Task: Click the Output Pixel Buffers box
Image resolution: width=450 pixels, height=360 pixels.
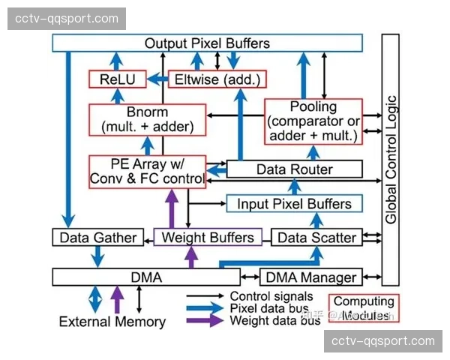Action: click(x=207, y=43)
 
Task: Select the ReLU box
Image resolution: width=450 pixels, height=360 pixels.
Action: click(x=112, y=79)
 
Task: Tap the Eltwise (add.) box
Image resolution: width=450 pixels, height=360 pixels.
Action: click(x=217, y=79)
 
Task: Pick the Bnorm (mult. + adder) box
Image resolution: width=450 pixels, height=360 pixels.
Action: click(x=147, y=119)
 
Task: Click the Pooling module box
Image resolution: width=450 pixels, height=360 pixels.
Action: click(x=313, y=120)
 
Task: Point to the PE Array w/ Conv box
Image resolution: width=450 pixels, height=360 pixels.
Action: click(x=147, y=171)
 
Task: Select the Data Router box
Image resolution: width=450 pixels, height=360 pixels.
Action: click(x=294, y=169)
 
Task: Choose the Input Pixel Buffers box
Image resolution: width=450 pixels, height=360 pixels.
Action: click(x=294, y=203)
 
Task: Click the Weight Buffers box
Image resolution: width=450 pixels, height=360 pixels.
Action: click(x=207, y=238)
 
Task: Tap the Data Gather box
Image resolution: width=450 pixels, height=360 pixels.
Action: click(x=98, y=238)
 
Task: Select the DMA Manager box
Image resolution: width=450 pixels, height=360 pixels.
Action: click(x=310, y=277)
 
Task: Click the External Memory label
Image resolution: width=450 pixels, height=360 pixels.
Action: click(x=112, y=322)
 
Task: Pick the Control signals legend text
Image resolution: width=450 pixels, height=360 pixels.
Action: click(x=270, y=296)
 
